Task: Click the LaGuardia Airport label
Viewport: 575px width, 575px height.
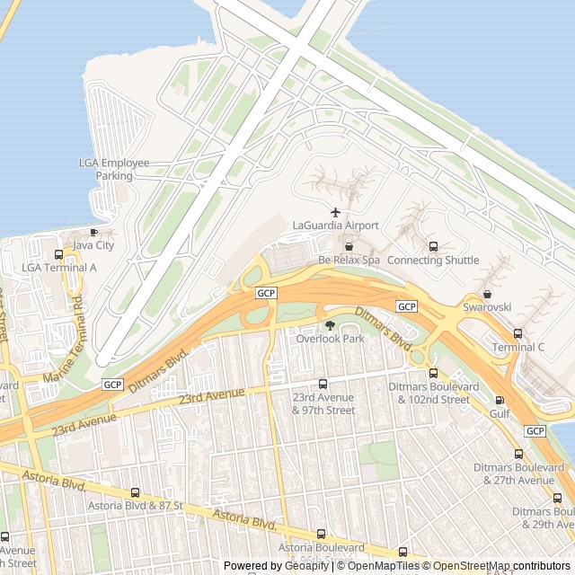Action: point(336,226)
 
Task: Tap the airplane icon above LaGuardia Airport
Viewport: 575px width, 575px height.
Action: point(336,212)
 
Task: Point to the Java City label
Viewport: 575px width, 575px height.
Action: point(93,244)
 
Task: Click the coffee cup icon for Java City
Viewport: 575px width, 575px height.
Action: point(93,232)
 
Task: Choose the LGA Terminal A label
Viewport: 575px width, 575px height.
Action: point(59,268)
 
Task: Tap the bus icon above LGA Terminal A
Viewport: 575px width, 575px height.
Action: point(59,254)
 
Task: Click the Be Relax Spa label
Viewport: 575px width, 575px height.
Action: point(349,261)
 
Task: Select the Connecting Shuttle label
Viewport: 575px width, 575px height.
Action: point(433,261)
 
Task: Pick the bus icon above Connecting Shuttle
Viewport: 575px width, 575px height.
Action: point(433,247)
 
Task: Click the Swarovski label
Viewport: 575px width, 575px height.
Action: point(487,306)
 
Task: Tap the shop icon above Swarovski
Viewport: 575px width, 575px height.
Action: point(487,294)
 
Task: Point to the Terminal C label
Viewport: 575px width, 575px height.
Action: point(517,347)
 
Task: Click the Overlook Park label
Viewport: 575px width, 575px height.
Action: point(330,339)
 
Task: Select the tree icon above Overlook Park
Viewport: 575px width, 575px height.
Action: point(330,325)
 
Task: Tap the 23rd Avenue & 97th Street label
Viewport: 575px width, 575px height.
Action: point(323,403)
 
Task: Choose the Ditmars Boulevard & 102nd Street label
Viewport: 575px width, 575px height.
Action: point(429,393)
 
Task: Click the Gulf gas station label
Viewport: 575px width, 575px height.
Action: point(500,413)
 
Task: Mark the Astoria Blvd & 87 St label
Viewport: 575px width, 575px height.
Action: point(135,506)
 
